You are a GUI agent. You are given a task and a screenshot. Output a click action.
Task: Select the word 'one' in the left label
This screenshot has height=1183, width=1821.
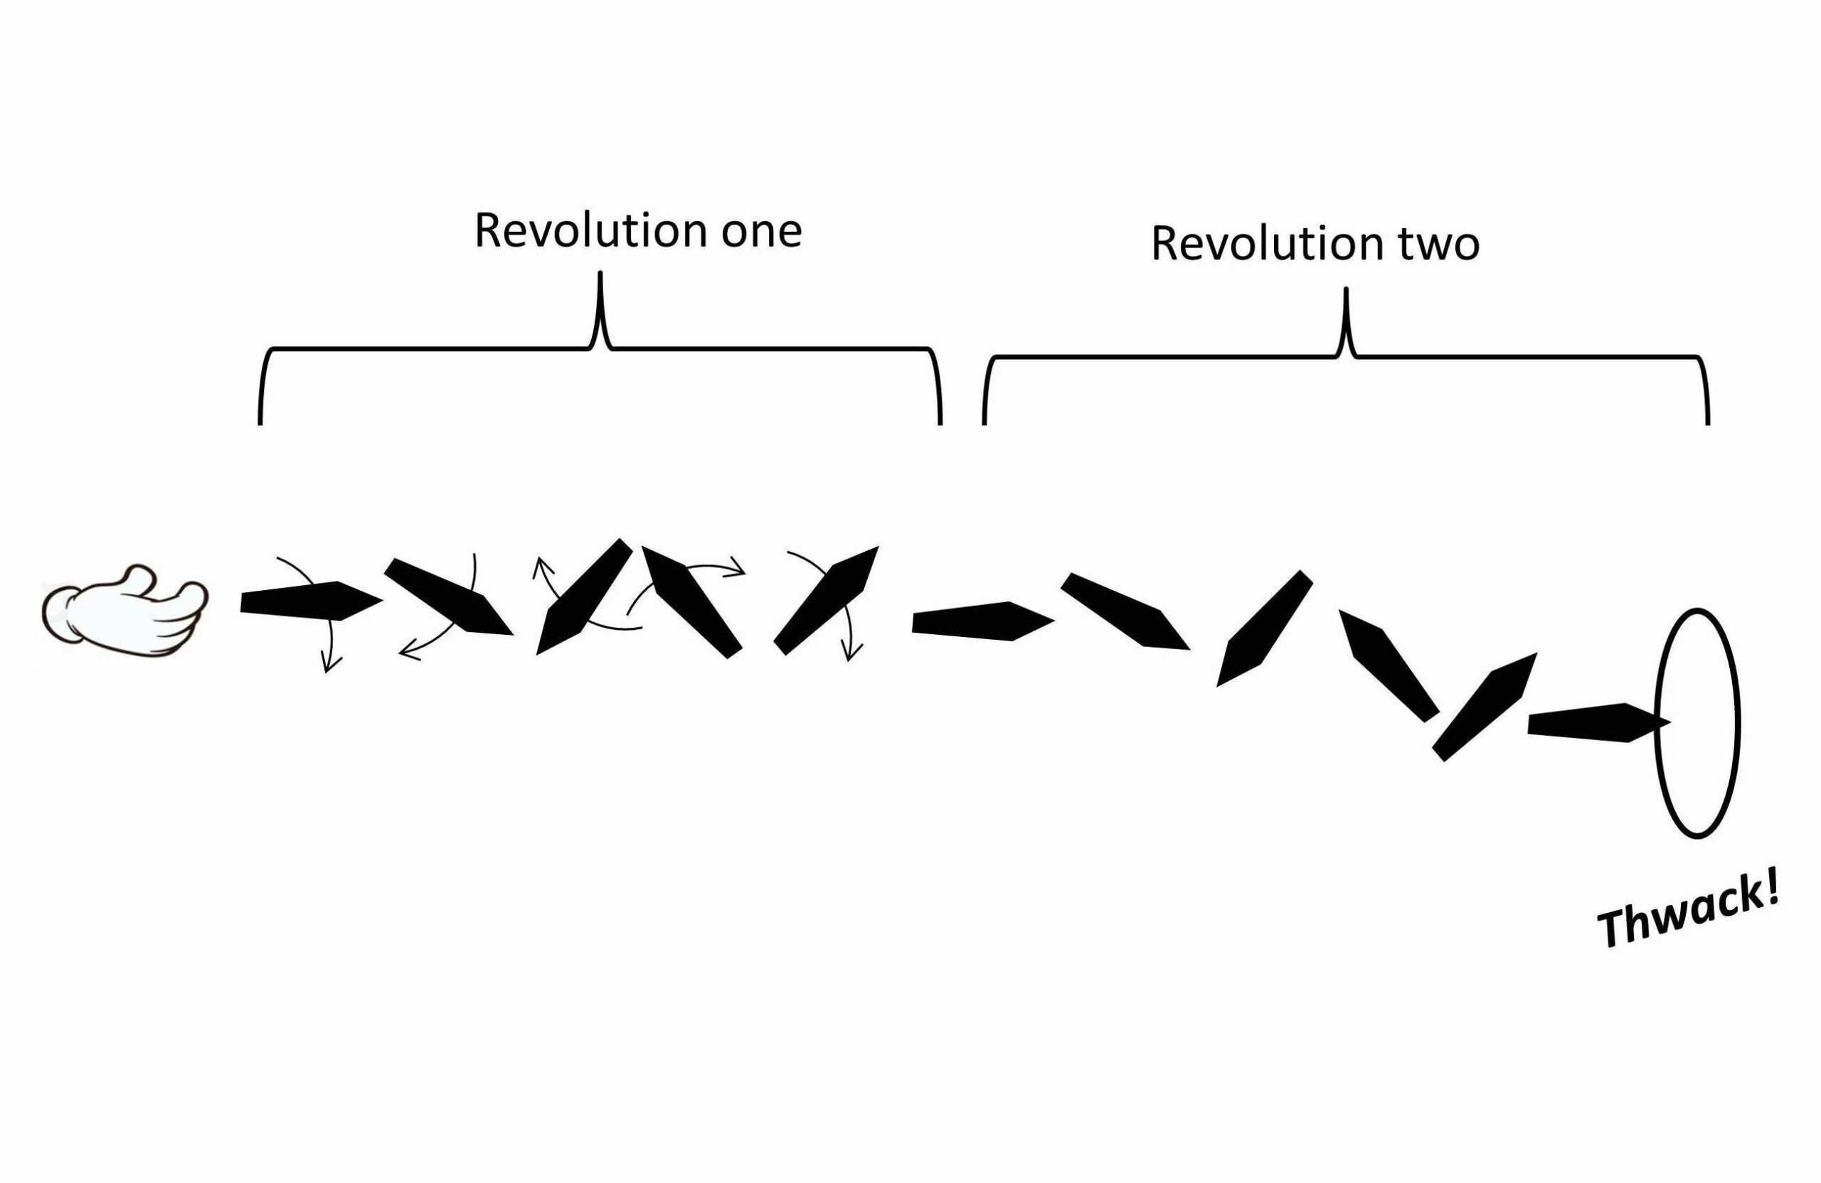click(x=761, y=232)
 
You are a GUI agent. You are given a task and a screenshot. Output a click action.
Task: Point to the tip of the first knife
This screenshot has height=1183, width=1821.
click(x=381, y=600)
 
